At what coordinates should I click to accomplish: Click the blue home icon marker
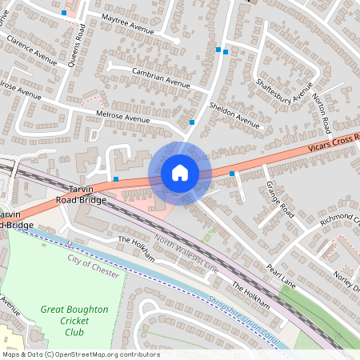(180, 172)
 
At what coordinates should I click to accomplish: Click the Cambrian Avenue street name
(150, 78)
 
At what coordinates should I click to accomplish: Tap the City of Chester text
(92, 262)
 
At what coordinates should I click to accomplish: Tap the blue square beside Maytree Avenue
(64, 13)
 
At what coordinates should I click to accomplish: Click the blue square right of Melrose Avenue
(192, 122)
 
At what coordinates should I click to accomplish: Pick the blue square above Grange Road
(232, 174)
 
